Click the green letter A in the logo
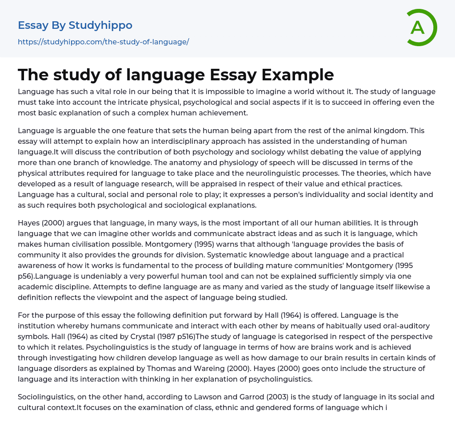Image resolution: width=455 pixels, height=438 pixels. tap(417, 28)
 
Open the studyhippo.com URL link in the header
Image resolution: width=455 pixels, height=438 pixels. tap(103, 42)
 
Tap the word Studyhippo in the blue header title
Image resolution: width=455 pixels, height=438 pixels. tap(100, 25)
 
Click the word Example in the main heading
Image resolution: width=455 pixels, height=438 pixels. tap(297, 75)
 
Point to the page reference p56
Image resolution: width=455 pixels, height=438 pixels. tap(28, 276)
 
